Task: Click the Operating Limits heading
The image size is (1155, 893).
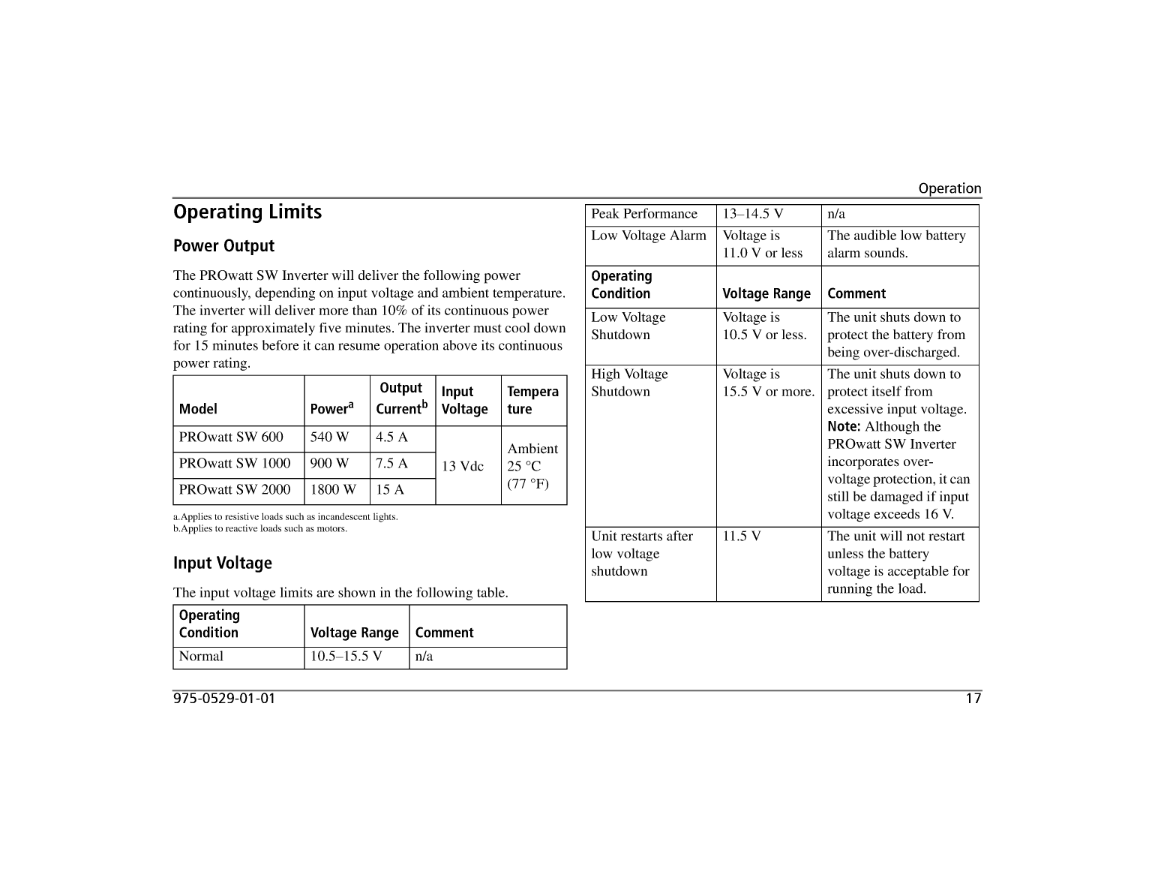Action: point(247,212)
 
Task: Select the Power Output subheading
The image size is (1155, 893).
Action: point(223,246)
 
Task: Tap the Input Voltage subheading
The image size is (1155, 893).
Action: point(222,564)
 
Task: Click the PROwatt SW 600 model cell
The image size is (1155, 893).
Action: point(231,437)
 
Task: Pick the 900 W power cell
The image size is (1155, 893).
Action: point(329,464)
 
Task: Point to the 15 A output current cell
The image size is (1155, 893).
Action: point(390,490)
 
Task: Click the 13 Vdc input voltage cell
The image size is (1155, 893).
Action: point(463,466)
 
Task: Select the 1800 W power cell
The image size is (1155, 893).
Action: point(333,490)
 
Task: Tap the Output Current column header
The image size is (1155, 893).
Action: point(401,398)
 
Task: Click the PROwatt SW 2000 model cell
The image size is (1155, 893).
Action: point(235,490)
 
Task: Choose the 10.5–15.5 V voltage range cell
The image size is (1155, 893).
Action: point(346,657)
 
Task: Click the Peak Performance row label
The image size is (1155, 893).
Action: point(644,214)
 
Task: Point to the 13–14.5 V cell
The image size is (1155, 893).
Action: point(753,214)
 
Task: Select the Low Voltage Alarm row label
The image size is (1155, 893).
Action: point(649,236)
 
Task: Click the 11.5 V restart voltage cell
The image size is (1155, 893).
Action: point(742,537)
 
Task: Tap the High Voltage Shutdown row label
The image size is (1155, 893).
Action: point(629,383)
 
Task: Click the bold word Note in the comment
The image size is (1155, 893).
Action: point(844,427)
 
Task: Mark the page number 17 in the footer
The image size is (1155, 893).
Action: point(973,699)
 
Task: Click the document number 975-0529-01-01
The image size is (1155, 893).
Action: point(224,699)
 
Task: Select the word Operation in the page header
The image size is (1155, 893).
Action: point(949,189)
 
